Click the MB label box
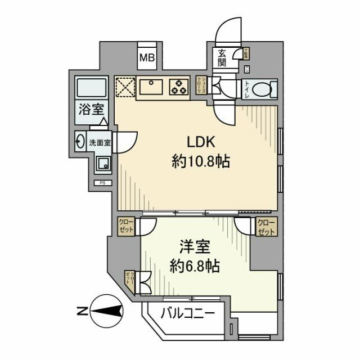(x=147, y=57)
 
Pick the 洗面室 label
(x=101, y=142)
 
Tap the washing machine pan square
(x=102, y=164)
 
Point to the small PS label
(x=102, y=183)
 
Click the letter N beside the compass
(x=82, y=309)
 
